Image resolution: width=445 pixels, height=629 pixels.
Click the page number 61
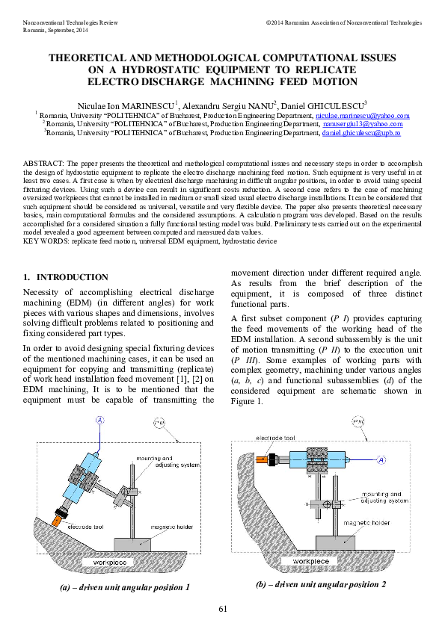click(x=222, y=609)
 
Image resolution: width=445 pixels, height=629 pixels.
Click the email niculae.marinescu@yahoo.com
click(x=362, y=116)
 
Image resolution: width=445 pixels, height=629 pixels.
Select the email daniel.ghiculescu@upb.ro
click(x=361, y=132)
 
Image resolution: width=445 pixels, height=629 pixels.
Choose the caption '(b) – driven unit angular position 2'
click(x=321, y=583)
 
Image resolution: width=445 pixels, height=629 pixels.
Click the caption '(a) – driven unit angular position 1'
click(x=125, y=587)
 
